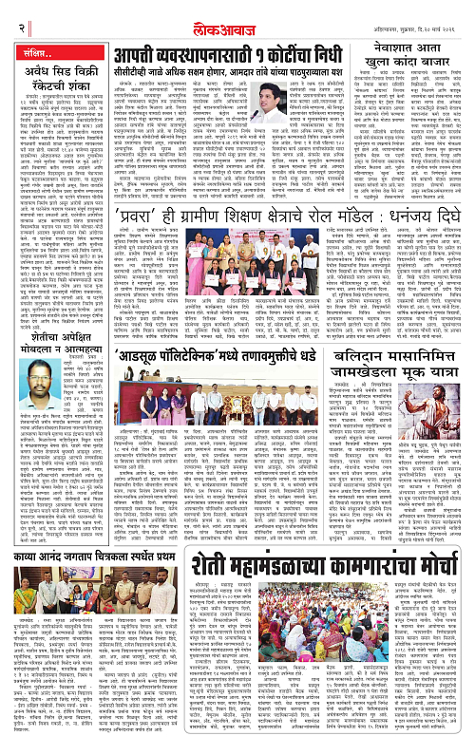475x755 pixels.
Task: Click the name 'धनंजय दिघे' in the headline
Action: pyautogui.click(x=420, y=241)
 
